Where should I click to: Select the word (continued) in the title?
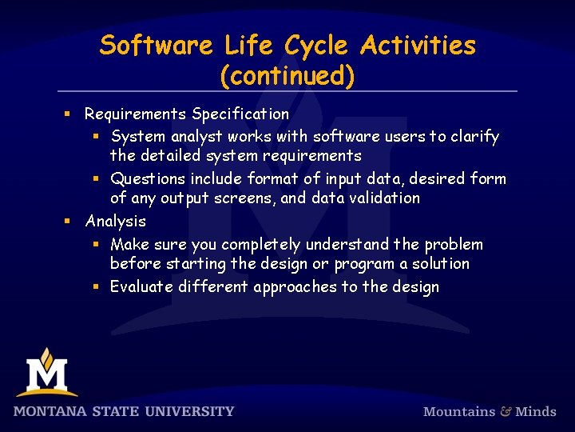point(287,76)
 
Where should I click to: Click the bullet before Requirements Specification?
point(69,114)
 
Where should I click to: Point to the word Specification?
point(240,114)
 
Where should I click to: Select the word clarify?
point(475,137)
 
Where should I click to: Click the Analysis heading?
point(116,221)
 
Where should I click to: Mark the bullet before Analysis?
point(69,221)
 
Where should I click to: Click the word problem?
point(454,244)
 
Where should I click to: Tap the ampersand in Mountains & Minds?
point(506,411)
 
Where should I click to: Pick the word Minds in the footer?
point(536,411)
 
